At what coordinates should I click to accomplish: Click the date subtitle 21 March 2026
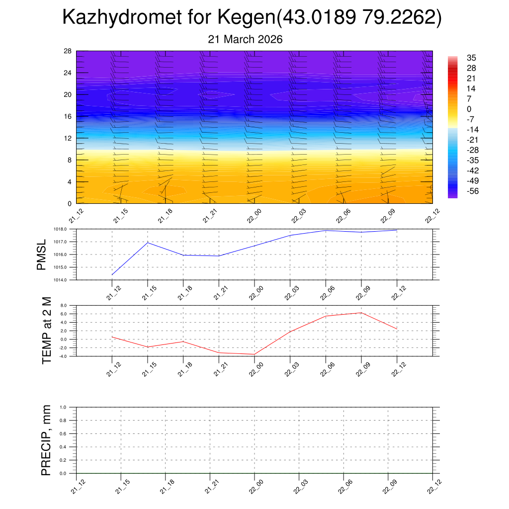click(x=245, y=40)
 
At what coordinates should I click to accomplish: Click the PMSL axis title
click(x=41, y=254)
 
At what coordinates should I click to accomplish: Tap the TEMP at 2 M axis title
click(x=47, y=331)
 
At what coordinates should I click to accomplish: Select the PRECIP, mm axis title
click(x=47, y=440)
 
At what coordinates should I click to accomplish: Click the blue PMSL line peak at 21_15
click(x=148, y=243)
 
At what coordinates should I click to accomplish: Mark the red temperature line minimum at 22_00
click(x=254, y=354)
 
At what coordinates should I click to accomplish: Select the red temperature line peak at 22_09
click(x=361, y=313)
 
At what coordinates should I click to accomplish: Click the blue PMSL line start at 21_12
click(x=112, y=274)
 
